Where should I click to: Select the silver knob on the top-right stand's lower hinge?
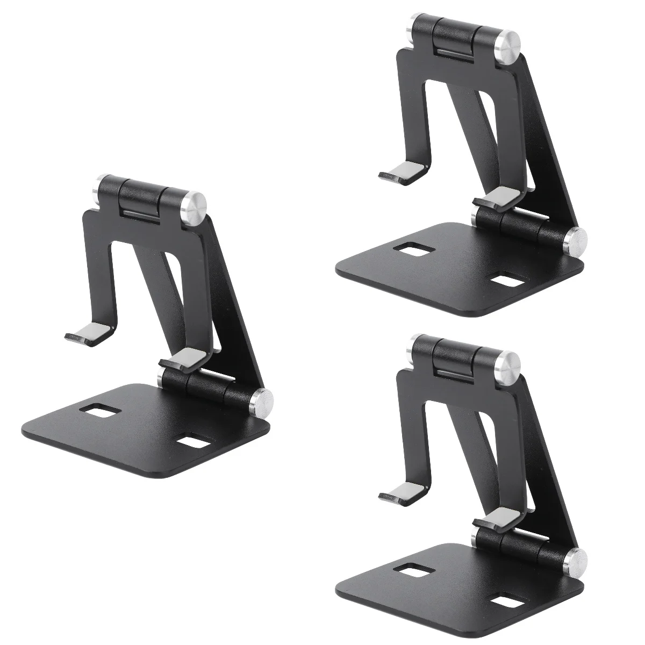pyautogui.click(x=578, y=239)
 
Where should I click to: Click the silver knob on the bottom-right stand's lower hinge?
pyautogui.click(x=578, y=560)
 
